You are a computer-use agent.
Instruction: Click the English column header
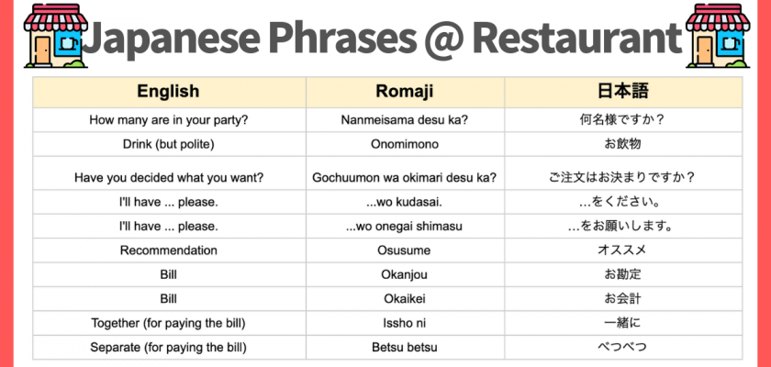click(168, 92)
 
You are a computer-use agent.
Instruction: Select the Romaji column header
click(405, 92)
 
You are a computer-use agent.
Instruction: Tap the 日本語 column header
click(623, 92)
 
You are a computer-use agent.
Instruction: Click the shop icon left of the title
click(55, 36)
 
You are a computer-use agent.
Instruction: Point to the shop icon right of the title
click(718, 36)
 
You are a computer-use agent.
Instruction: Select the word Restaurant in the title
click(577, 37)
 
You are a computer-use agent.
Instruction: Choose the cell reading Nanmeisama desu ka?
click(405, 120)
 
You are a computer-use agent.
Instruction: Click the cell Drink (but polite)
click(168, 144)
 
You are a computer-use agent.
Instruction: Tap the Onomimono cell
click(405, 144)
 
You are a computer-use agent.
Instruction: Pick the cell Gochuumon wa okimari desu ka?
click(405, 177)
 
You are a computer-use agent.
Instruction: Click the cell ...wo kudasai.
click(405, 202)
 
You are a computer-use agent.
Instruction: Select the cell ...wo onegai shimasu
click(405, 226)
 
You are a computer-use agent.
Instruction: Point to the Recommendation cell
click(168, 250)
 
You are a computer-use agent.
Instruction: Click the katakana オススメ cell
click(623, 250)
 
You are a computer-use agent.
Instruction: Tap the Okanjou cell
click(405, 274)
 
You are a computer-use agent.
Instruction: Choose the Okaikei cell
click(405, 299)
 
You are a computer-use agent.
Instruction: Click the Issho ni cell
click(405, 323)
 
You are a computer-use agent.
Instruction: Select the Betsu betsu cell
click(405, 348)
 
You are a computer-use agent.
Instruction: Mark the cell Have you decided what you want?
click(168, 177)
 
